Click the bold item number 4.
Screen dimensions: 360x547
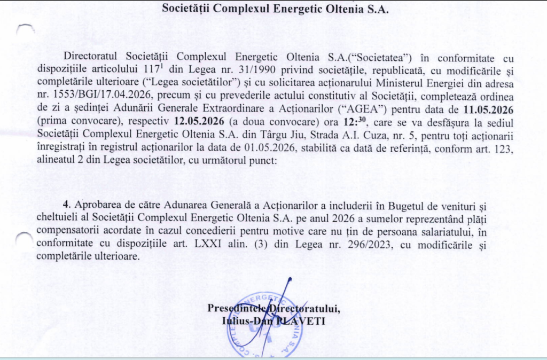[66, 205]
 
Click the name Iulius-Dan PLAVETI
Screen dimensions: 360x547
[273, 321]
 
